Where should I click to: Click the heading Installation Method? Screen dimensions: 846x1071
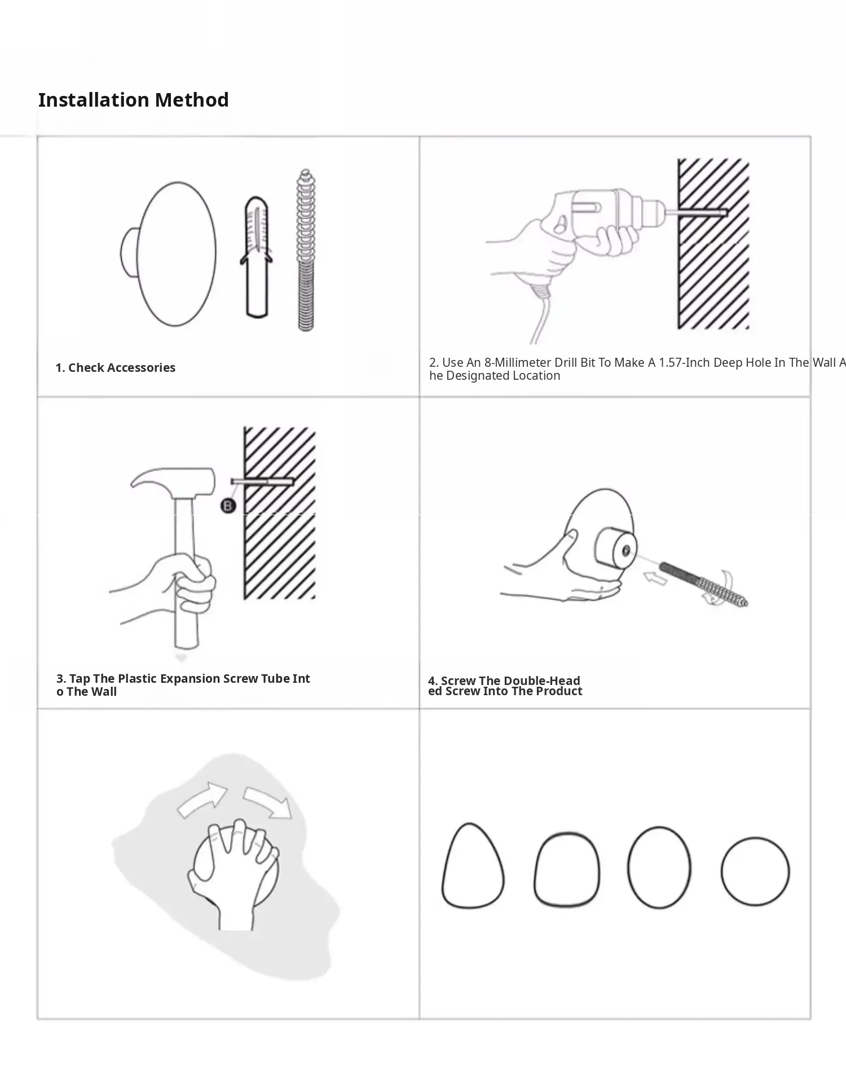point(134,100)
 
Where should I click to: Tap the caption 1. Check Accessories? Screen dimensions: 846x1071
point(116,368)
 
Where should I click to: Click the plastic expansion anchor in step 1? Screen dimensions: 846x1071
point(257,257)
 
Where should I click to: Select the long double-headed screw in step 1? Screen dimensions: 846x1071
point(306,249)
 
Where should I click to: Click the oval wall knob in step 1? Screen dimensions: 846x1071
point(169,254)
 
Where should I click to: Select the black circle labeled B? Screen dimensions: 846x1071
point(228,506)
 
